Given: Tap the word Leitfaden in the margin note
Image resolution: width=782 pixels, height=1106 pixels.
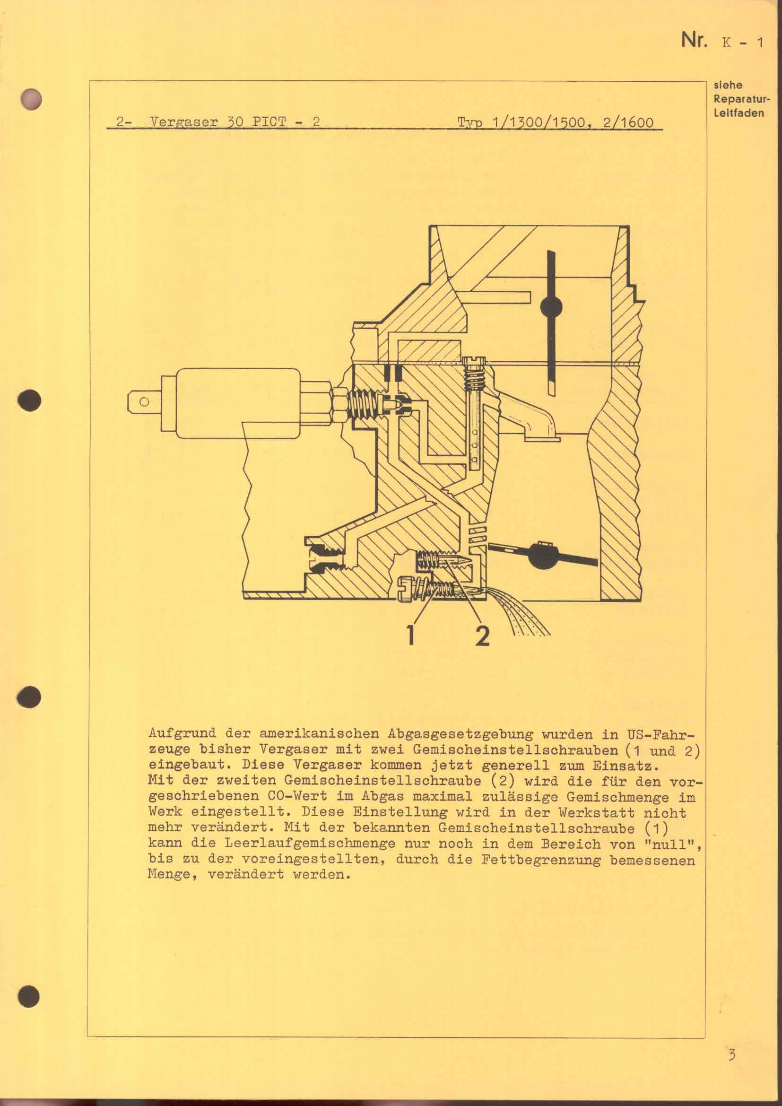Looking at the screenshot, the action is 739,113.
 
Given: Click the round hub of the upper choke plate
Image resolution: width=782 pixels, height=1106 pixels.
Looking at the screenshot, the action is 551,306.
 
